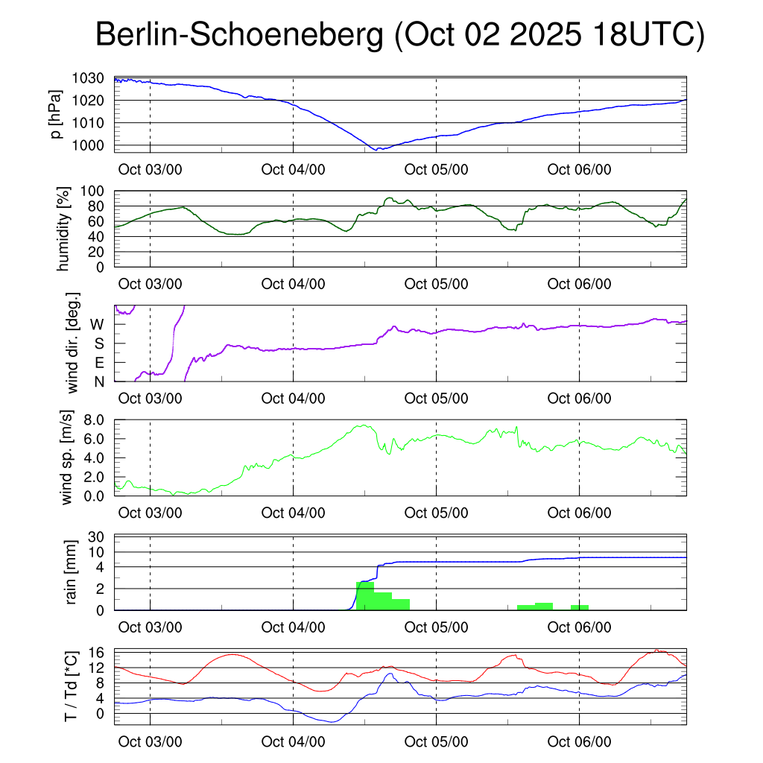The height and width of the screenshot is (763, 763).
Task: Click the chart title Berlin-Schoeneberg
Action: (x=239, y=36)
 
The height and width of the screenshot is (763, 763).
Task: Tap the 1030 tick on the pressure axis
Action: (x=92, y=78)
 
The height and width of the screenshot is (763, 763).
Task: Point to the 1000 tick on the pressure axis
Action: (x=92, y=145)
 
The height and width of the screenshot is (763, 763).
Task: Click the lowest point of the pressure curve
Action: (x=377, y=150)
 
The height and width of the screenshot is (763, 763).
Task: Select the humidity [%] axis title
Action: (x=63, y=229)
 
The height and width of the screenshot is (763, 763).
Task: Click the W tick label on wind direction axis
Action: (x=97, y=325)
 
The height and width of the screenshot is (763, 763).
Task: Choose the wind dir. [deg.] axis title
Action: (x=73, y=343)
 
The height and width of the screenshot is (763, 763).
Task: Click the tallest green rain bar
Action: (x=365, y=595)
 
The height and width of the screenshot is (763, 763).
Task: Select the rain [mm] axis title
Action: (x=73, y=573)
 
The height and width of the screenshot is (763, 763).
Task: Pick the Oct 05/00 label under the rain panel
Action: (x=436, y=627)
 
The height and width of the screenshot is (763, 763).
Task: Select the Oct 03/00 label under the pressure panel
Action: (x=151, y=170)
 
